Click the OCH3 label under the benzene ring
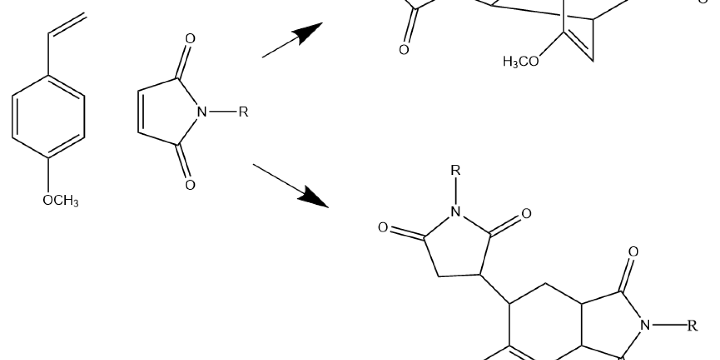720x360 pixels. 60,200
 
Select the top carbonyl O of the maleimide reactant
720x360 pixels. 190,39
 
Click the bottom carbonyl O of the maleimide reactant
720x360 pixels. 190,185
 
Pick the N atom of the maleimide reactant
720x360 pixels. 202,112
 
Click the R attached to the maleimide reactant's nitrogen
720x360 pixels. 243,112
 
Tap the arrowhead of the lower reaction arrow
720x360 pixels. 315,197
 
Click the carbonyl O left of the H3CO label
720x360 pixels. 404,50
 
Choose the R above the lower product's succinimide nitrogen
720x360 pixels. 456,170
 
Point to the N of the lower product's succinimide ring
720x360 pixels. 456,211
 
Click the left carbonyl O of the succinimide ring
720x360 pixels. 383,228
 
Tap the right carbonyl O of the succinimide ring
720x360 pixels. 526,214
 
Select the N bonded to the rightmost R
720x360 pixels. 645,325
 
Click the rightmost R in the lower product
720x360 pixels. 692,326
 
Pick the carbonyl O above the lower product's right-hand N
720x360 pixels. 633,252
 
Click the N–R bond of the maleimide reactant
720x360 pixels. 222,112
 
